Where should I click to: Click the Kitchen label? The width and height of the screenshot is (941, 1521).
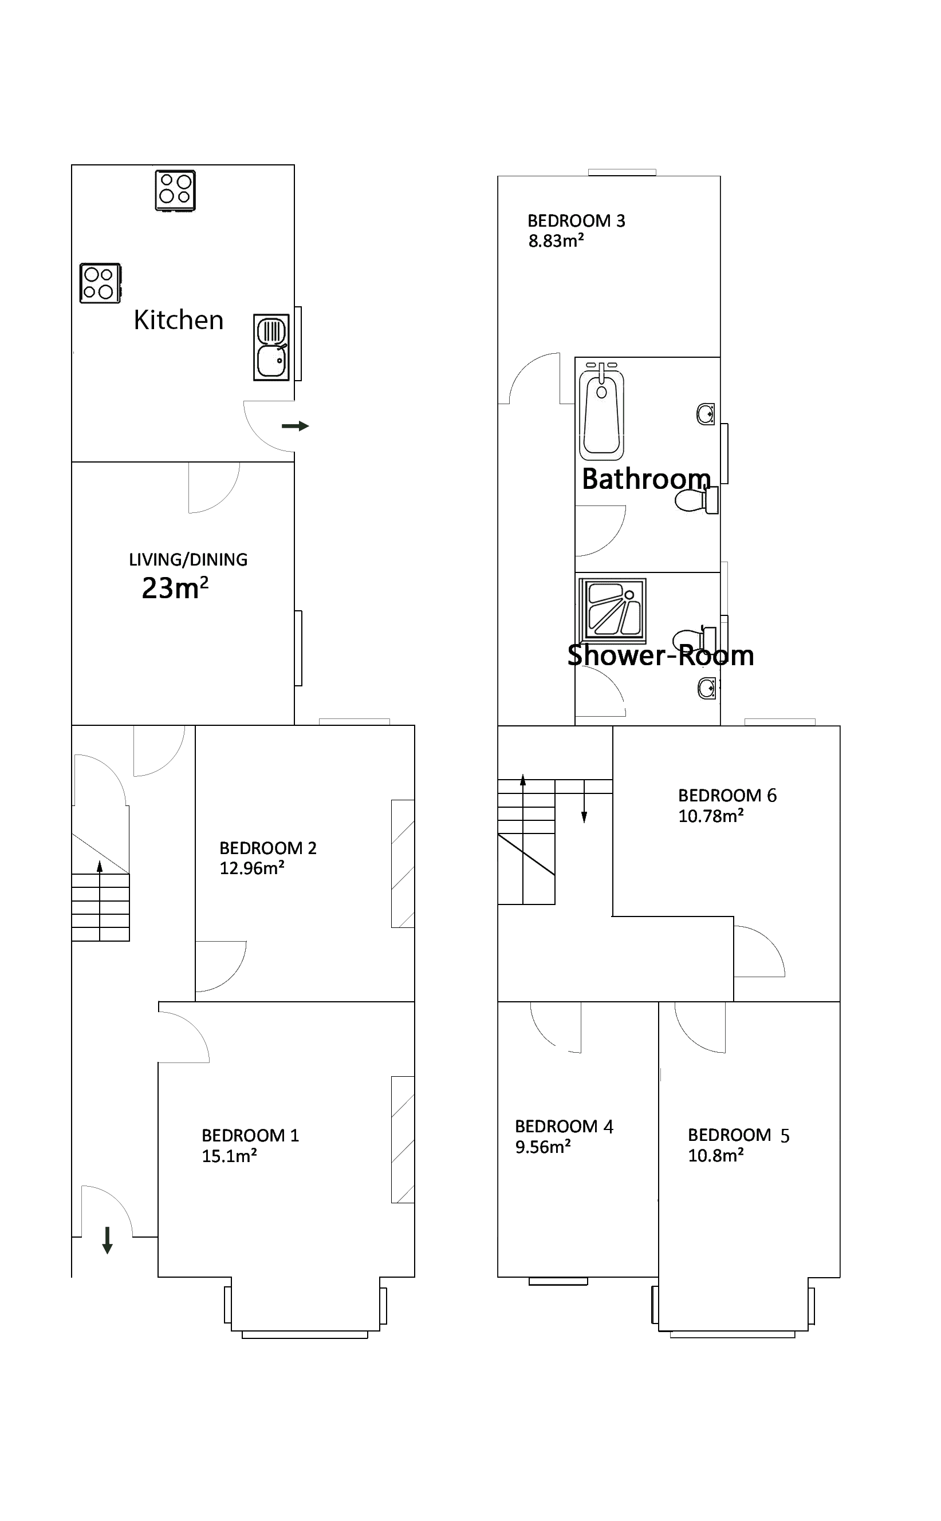coord(179,321)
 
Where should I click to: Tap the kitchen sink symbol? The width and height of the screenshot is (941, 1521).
coord(271,347)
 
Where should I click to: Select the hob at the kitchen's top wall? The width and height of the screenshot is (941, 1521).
coord(175,191)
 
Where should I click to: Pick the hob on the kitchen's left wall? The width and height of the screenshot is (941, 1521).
coord(100,283)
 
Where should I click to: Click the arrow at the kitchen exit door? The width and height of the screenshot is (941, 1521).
coord(295,426)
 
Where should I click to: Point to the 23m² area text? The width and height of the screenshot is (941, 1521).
coord(175,588)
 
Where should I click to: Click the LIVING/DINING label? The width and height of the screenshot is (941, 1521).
coord(188,560)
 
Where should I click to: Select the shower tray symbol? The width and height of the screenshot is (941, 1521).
coord(612,610)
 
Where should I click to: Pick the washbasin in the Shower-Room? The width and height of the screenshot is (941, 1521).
coord(706,688)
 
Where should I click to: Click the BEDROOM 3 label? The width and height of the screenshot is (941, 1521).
coord(576,221)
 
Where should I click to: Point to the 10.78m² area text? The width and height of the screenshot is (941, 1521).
coord(711,816)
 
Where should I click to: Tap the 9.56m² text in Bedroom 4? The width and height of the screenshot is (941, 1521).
coord(543,1147)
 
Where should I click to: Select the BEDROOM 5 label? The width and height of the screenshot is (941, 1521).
coord(738,1135)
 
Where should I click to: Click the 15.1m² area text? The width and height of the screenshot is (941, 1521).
coord(229,1156)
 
